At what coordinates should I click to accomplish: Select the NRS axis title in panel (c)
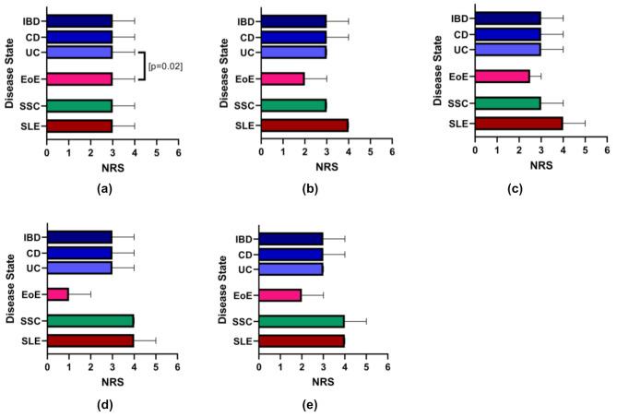[541, 166]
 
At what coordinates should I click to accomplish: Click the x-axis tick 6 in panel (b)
[392, 151]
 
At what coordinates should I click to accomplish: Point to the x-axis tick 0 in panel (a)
[47, 151]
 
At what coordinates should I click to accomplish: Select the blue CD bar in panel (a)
[79, 37]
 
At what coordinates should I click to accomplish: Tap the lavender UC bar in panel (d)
[79, 268]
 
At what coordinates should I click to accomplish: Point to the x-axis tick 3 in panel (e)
[323, 367]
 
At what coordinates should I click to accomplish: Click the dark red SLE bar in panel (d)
[90, 340]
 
